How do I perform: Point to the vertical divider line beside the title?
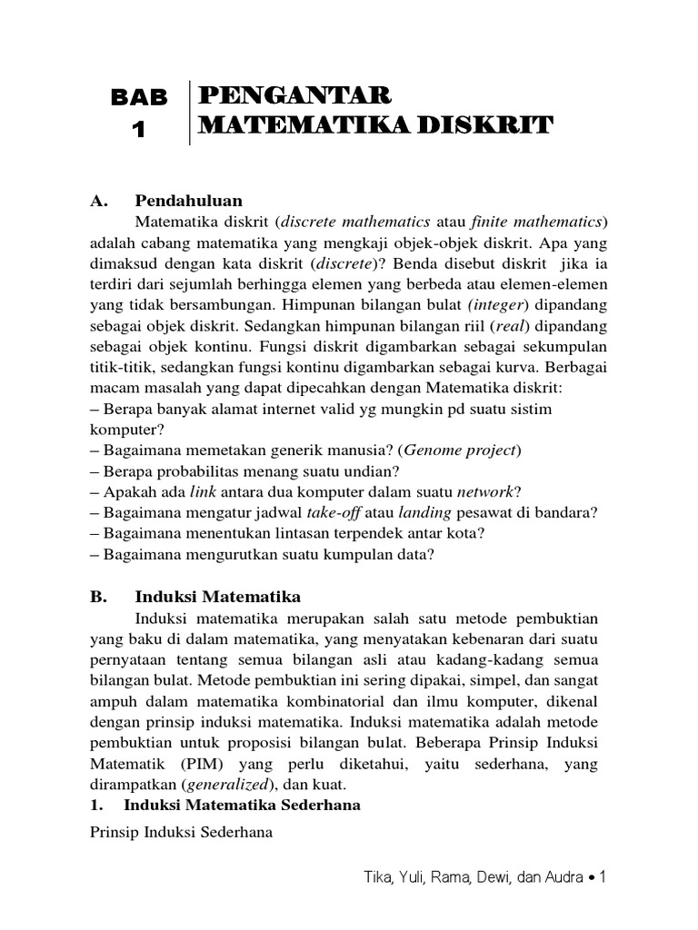189,112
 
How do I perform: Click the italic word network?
484,492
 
